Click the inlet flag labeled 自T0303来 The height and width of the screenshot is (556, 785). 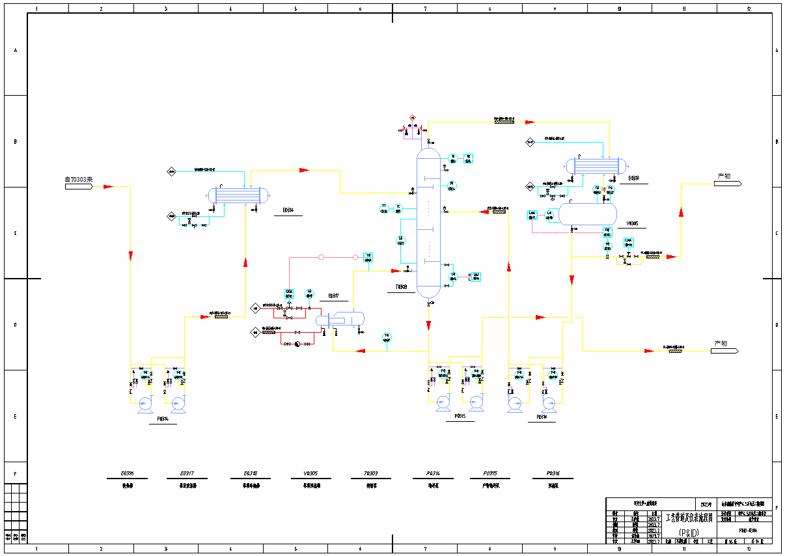78,187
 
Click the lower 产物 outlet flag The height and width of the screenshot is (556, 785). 724,351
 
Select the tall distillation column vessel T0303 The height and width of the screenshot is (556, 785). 428,221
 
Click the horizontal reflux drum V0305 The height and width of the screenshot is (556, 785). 589,214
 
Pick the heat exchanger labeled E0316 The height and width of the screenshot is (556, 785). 238,195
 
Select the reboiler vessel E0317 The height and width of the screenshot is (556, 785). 340,319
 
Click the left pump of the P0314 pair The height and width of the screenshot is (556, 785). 145,405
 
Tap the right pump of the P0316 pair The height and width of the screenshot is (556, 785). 549,404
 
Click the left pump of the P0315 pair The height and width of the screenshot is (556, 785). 443,403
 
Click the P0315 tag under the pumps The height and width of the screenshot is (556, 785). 460,416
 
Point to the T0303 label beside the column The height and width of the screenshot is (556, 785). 401,287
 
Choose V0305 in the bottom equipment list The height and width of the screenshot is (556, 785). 310,473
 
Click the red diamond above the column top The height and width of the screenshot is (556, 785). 413,118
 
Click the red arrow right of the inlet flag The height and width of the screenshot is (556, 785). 108,187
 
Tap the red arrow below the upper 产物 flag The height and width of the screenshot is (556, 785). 681,212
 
